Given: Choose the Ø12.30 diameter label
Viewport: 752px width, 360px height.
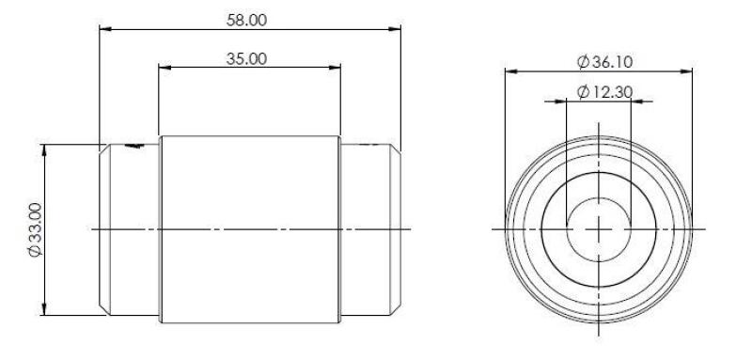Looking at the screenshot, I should pyautogui.click(x=603, y=92).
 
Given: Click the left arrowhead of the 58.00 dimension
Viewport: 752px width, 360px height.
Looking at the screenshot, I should pyautogui.click(x=104, y=29).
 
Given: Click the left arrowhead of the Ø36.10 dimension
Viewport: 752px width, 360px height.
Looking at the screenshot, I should pyautogui.click(x=509, y=71).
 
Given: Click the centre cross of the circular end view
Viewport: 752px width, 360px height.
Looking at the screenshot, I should pyautogui.click(x=599, y=229).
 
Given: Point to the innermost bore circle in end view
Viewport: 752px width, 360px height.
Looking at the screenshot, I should pyautogui.click(x=599, y=199).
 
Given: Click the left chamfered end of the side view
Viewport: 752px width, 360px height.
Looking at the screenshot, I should pyautogui.click(x=106, y=229).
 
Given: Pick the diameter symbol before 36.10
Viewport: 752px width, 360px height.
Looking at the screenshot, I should pyautogui.click(x=582, y=61).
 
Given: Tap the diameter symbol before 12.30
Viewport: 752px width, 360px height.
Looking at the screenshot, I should pyautogui.click(x=582, y=92).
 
